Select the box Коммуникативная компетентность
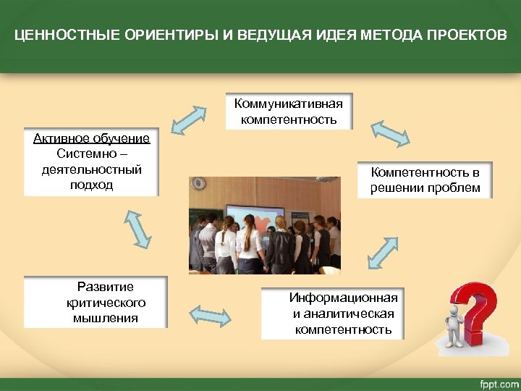click(x=289, y=111)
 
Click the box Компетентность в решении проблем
click(x=425, y=180)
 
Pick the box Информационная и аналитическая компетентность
click(x=333, y=314)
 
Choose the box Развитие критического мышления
click(x=96, y=302)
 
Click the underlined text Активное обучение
click(x=91, y=138)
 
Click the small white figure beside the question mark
click(x=454, y=329)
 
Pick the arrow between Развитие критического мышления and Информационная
click(x=210, y=314)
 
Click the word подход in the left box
click(x=91, y=185)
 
